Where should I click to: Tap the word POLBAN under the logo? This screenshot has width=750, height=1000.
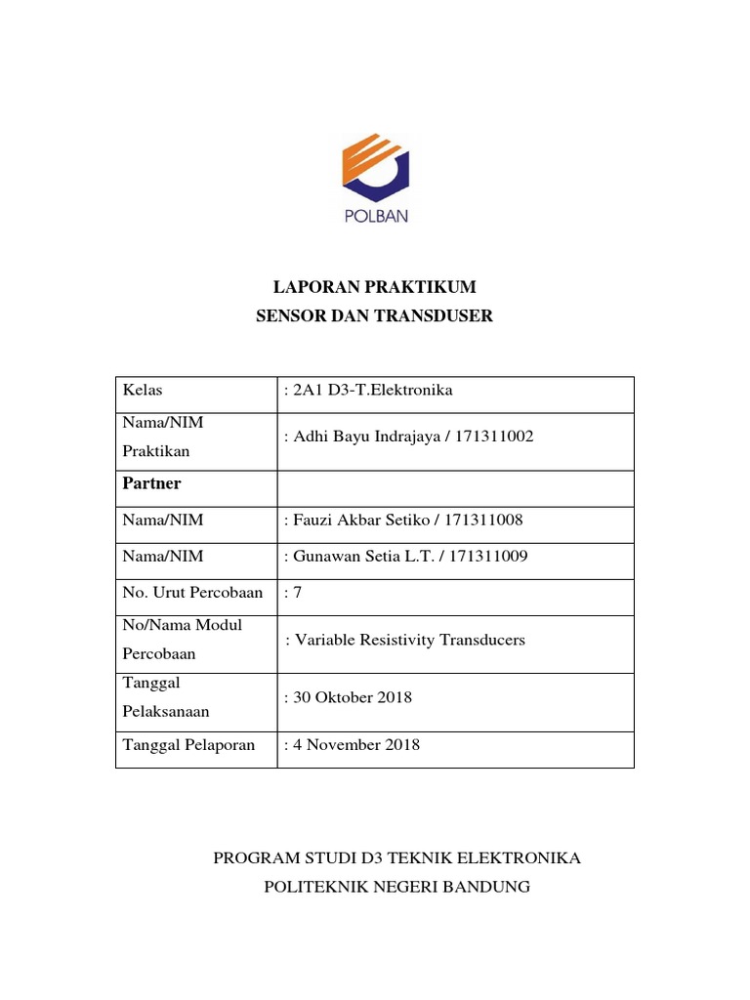click(375, 217)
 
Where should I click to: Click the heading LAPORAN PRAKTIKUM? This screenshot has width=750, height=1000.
click(374, 287)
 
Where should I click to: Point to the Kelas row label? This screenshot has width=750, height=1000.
click(143, 391)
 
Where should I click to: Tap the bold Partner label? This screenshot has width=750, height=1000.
click(151, 483)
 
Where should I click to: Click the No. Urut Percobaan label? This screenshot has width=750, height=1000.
click(192, 593)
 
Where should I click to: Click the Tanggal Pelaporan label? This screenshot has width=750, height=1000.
click(188, 744)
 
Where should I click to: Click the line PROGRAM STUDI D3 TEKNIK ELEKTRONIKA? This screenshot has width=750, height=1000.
click(396, 858)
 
